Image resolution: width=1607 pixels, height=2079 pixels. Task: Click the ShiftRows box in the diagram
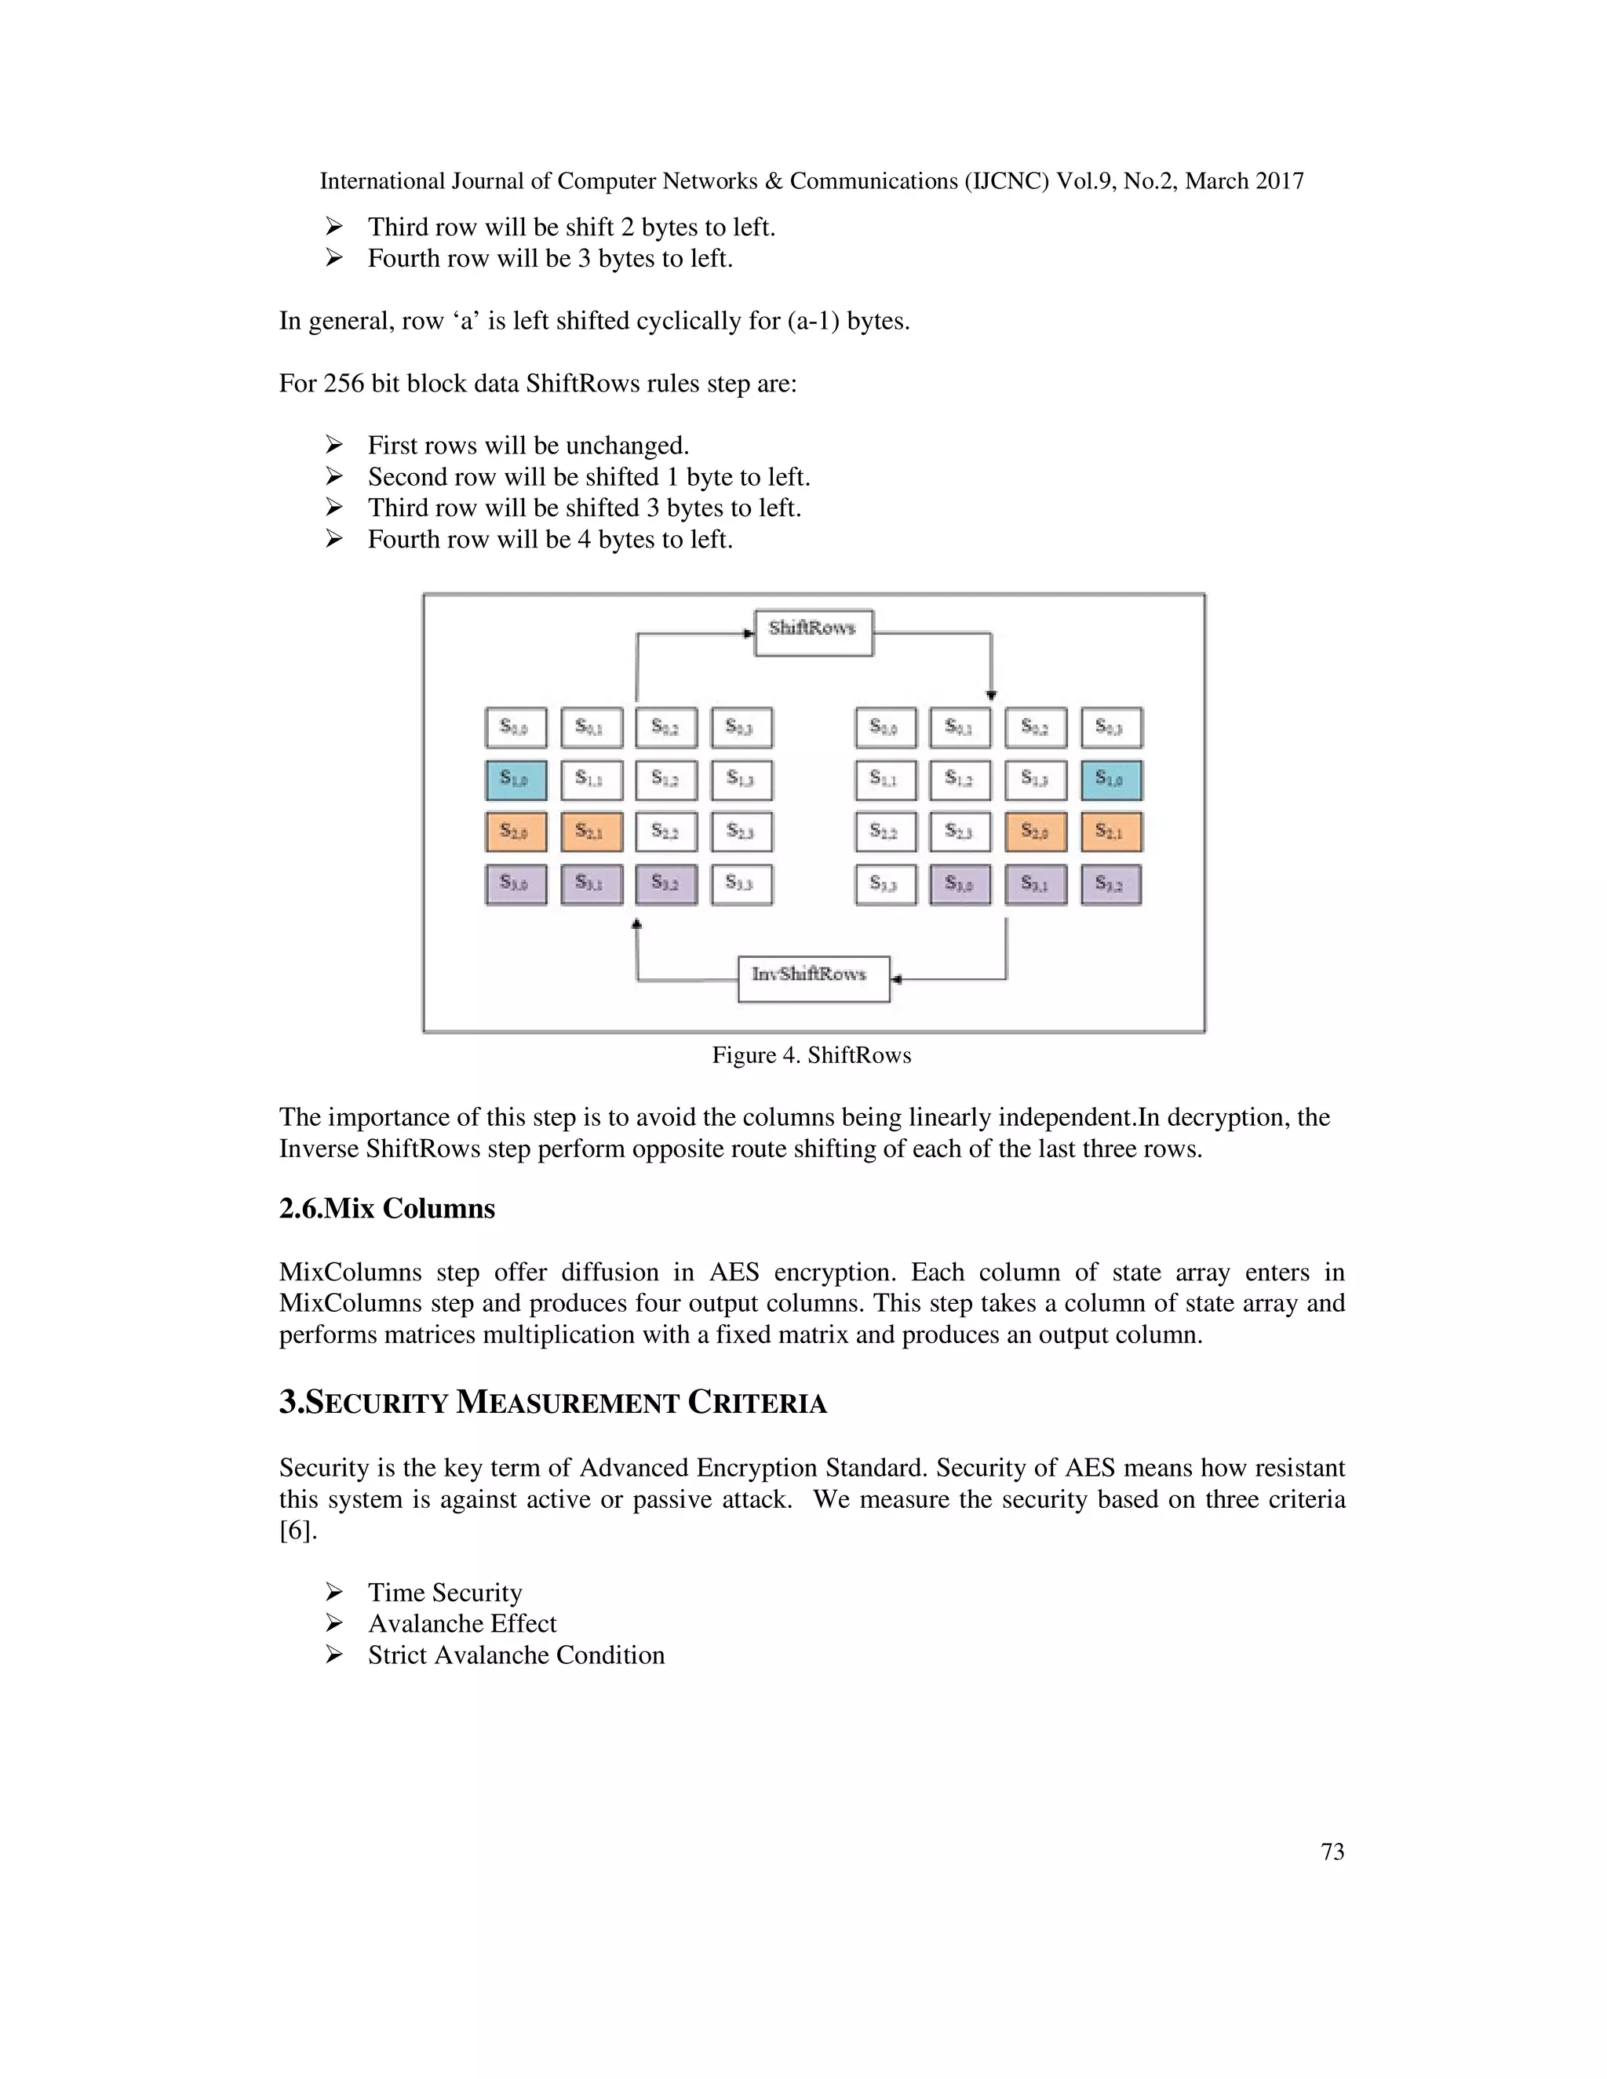pyautogui.click(x=813, y=632)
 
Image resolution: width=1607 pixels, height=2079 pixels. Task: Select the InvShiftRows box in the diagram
pyautogui.click(x=813, y=978)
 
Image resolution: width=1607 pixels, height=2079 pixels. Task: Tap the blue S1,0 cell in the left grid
pyautogui.click(x=516, y=780)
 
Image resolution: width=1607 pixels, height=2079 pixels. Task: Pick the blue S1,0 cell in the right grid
pyautogui.click(x=1111, y=780)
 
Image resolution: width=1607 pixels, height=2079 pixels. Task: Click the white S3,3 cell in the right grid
pyautogui.click(x=885, y=884)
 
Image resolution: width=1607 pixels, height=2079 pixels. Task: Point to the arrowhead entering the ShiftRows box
pyautogui.click(x=749, y=632)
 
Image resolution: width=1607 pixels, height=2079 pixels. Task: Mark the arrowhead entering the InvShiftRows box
pyautogui.click(x=897, y=978)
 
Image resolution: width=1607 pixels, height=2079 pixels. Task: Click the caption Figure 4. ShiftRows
pyautogui.click(x=811, y=1054)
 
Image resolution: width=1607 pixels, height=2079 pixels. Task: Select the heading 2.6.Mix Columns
pyautogui.click(x=387, y=1209)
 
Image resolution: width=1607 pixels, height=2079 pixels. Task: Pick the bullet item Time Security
pyautogui.click(x=445, y=1593)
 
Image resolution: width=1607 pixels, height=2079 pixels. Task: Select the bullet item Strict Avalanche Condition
pyautogui.click(x=516, y=1655)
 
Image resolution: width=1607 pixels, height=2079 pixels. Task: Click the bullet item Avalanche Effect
pyautogui.click(x=461, y=1624)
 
